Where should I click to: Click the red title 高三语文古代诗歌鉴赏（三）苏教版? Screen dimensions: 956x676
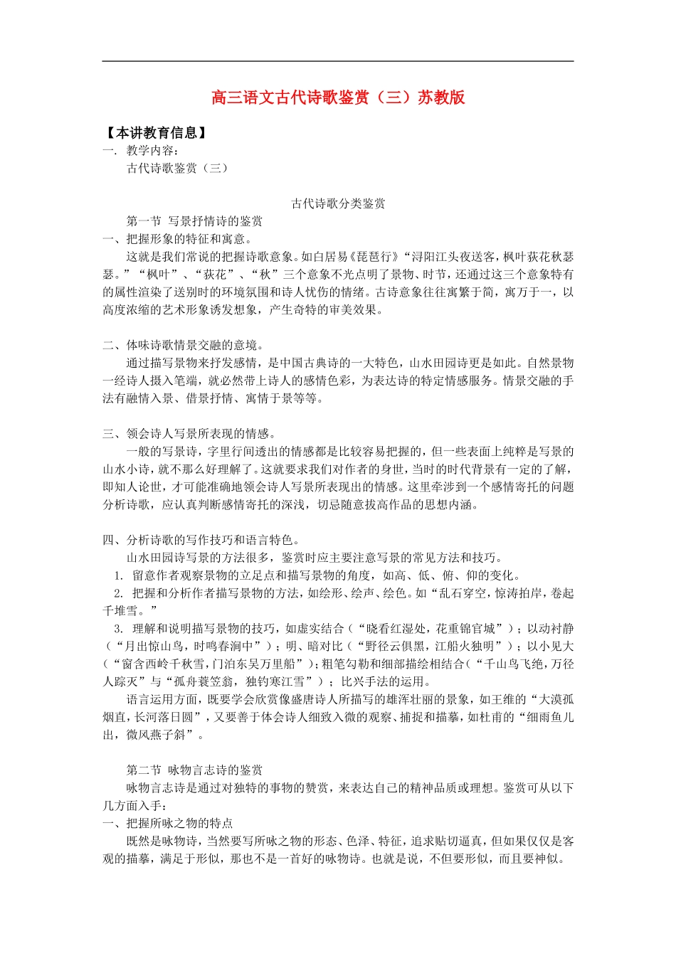(338, 97)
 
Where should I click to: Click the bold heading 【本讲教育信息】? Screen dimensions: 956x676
(156, 133)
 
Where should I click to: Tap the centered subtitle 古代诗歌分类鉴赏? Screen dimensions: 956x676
(338, 204)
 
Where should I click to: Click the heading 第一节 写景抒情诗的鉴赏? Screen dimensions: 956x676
(194, 221)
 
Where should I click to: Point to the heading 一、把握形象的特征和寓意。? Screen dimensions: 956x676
(177, 239)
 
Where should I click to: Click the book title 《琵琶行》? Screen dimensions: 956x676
(375, 257)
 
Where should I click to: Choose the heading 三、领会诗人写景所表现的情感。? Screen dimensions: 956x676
(189, 434)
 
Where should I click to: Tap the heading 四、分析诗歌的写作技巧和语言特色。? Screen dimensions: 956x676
(201, 540)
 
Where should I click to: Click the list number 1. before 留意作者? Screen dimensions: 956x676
(120, 575)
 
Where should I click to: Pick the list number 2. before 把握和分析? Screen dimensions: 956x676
(120, 593)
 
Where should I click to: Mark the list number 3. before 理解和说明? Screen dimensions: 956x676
(120, 629)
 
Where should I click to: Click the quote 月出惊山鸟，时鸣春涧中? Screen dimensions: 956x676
(189, 647)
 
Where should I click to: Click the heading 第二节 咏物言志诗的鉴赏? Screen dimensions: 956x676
(194, 770)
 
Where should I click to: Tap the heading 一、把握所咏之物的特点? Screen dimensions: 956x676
(168, 823)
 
